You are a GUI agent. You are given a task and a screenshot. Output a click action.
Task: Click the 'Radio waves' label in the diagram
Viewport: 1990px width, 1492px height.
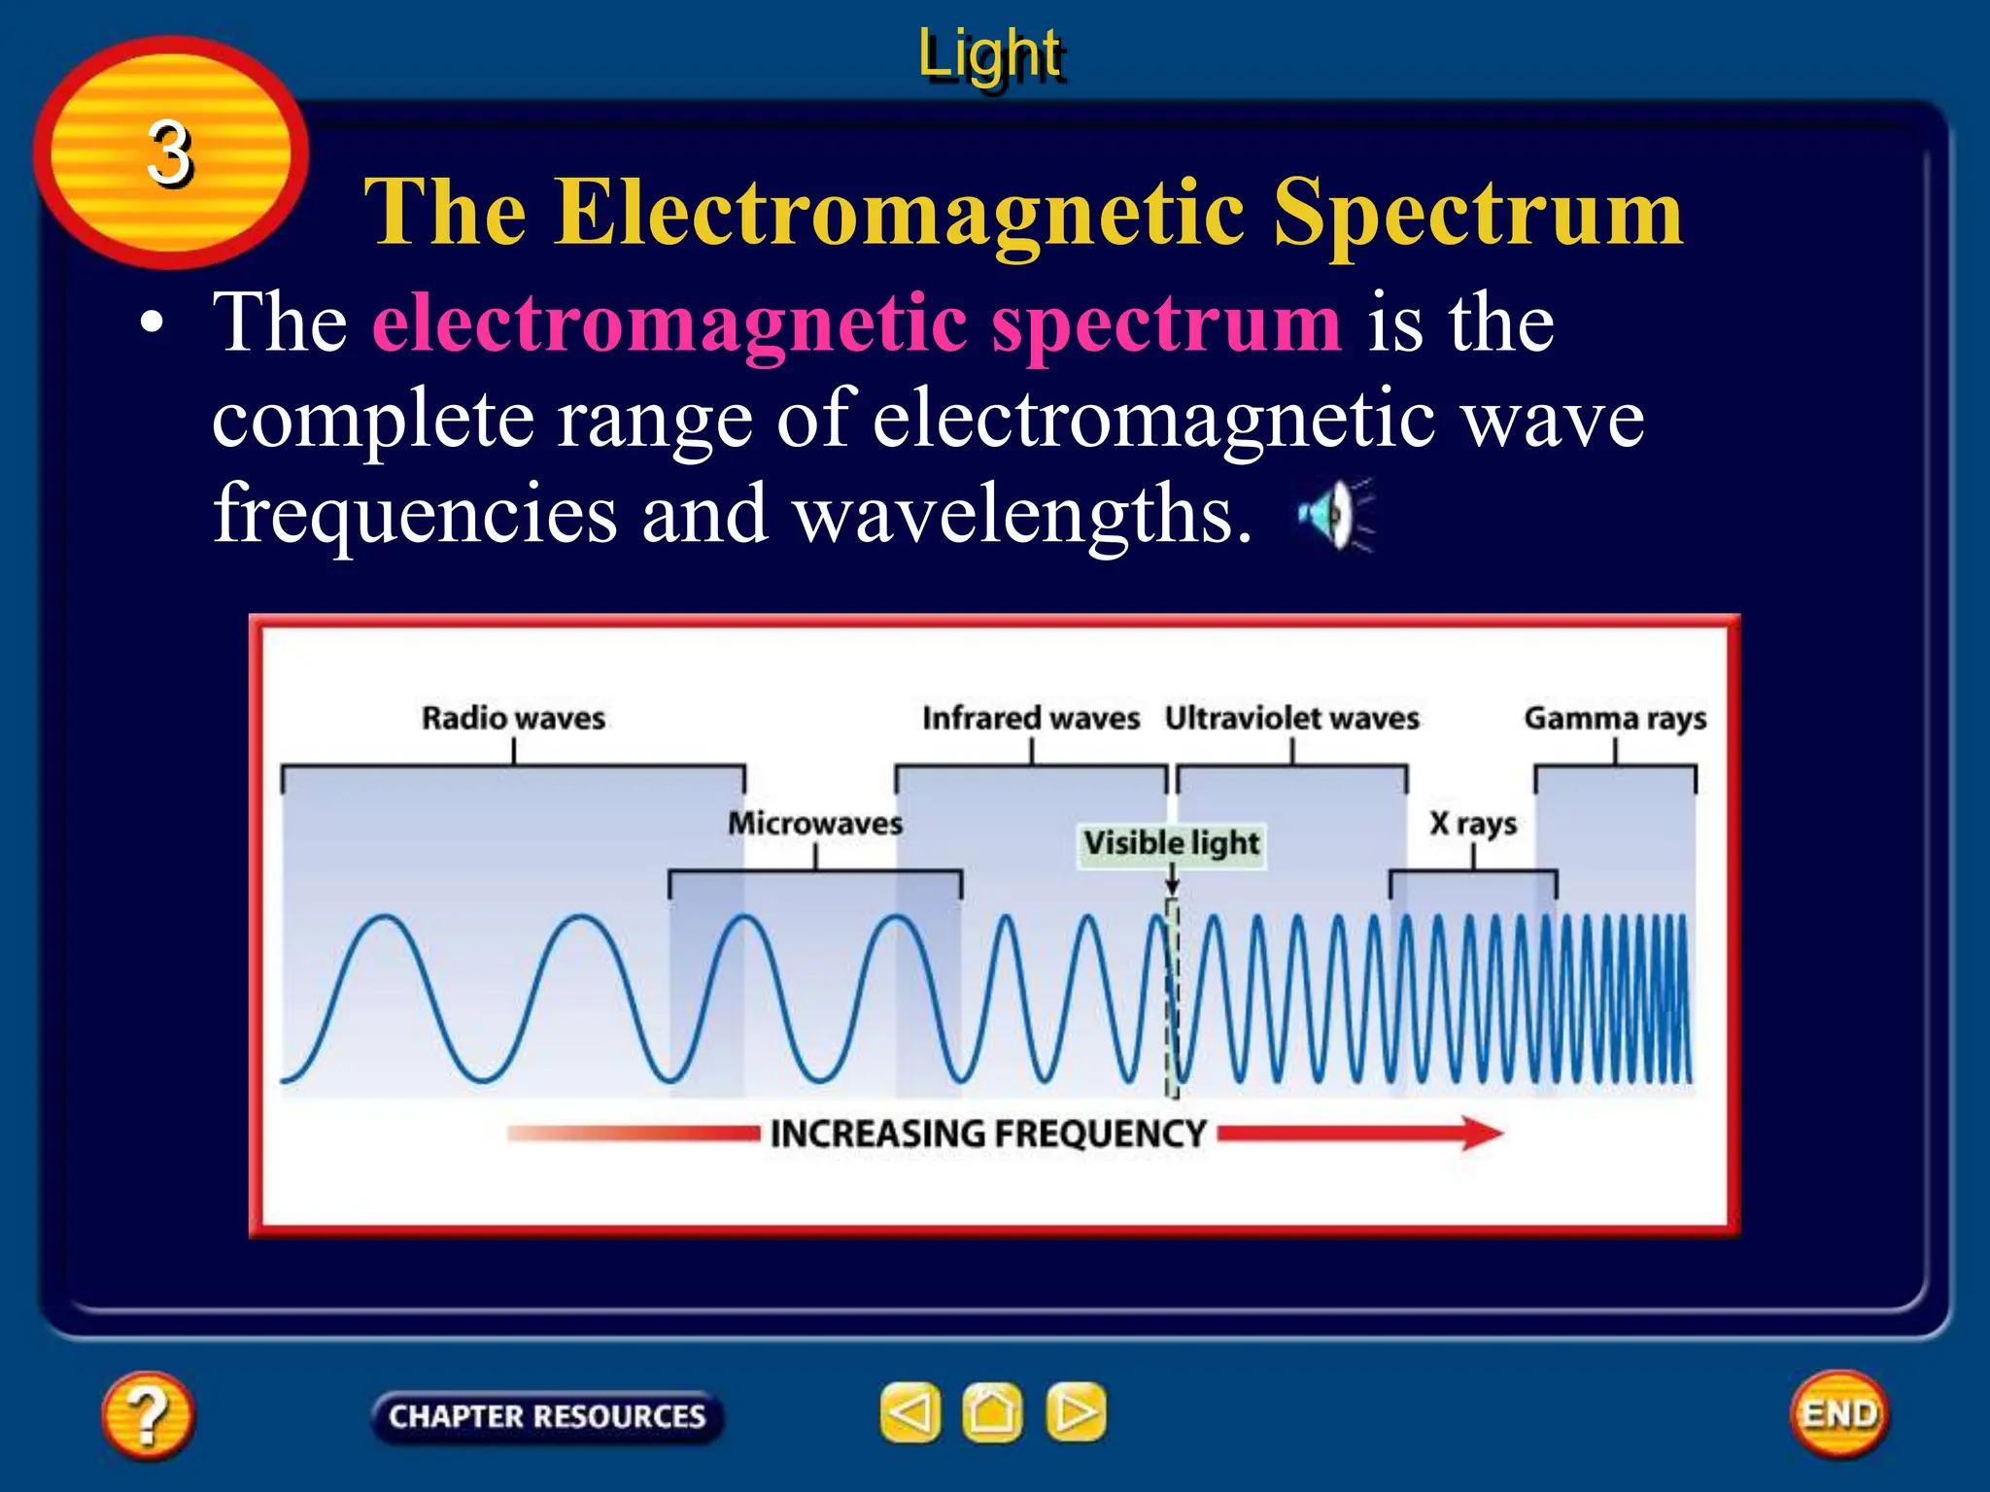pyautogui.click(x=513, y=719)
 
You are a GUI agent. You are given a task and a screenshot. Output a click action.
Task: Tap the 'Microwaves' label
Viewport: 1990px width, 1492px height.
pyautogui.click(x=815, y=824)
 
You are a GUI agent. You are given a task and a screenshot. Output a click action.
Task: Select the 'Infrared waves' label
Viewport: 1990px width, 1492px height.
pyautogui.click(x=1031, y=719)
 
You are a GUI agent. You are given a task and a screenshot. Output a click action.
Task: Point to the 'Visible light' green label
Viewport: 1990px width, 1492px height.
pyautogui.click(x=1172, y=843)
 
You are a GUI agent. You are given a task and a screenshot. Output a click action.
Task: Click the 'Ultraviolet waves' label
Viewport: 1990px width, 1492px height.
pyautogui.click(x=1292, y=719)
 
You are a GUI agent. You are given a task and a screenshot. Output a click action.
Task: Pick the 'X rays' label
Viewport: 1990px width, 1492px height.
pyautogui.click(x=1473, y=824)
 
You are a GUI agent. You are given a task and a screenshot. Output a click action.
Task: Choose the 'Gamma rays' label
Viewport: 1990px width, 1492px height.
pyautogui.click(x=1615, y=719)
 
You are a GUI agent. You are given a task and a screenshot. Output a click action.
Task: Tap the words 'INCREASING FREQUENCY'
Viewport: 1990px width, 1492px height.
pyautogui.click(x=988, y=1134)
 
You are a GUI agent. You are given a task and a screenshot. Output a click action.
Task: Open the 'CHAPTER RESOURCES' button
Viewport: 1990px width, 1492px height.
pyautogui.click(x=547, y=1416)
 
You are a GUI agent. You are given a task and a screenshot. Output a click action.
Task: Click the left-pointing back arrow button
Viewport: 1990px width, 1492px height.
pyautogui.click(x=910, y=1412)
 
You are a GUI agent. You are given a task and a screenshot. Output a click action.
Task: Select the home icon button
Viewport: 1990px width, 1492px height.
pyautogui.click(x=992, y=1412)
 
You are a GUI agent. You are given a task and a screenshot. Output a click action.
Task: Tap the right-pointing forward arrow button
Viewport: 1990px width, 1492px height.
pyautogui.click(x=1076, y=1412)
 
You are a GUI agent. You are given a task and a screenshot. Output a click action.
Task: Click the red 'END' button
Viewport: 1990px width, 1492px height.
pyautogui.click(x=1839, y=1414)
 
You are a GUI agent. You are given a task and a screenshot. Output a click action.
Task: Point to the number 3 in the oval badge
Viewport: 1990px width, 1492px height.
pyautogui.click(x=170, y=153)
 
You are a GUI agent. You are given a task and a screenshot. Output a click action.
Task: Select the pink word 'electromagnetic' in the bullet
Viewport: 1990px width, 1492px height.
pyautogui.click(x=669, y=322)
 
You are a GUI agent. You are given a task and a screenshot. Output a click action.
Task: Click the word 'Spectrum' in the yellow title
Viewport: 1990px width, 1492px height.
pyautogui.click(x=1478, y=213)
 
